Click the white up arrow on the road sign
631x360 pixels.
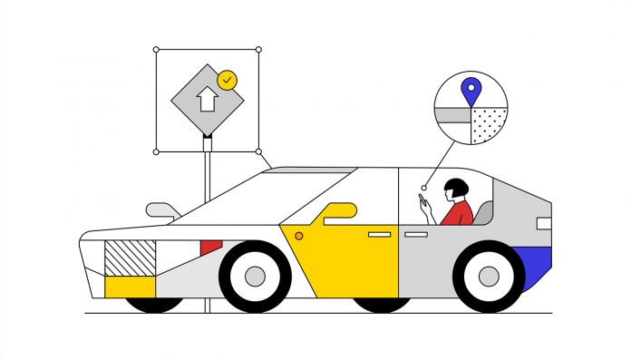[207, 98]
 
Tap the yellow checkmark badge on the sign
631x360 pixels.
[227, 79]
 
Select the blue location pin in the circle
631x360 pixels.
[470, 91]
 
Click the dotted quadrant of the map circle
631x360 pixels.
[487, 124]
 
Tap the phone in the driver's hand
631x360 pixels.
[423, 201]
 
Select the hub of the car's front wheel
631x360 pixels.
[255, 276]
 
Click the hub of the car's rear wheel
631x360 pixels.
[489, 276]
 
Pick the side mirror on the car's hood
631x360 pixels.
[160, 209]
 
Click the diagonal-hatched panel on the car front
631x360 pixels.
[131, 258]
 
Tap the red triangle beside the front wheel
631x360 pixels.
[209, 247]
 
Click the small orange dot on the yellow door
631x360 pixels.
[299, 236]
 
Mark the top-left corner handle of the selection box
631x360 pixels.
[156, 49]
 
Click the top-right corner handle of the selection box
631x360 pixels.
[258, 49]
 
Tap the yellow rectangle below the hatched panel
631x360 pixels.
[131, 287]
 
